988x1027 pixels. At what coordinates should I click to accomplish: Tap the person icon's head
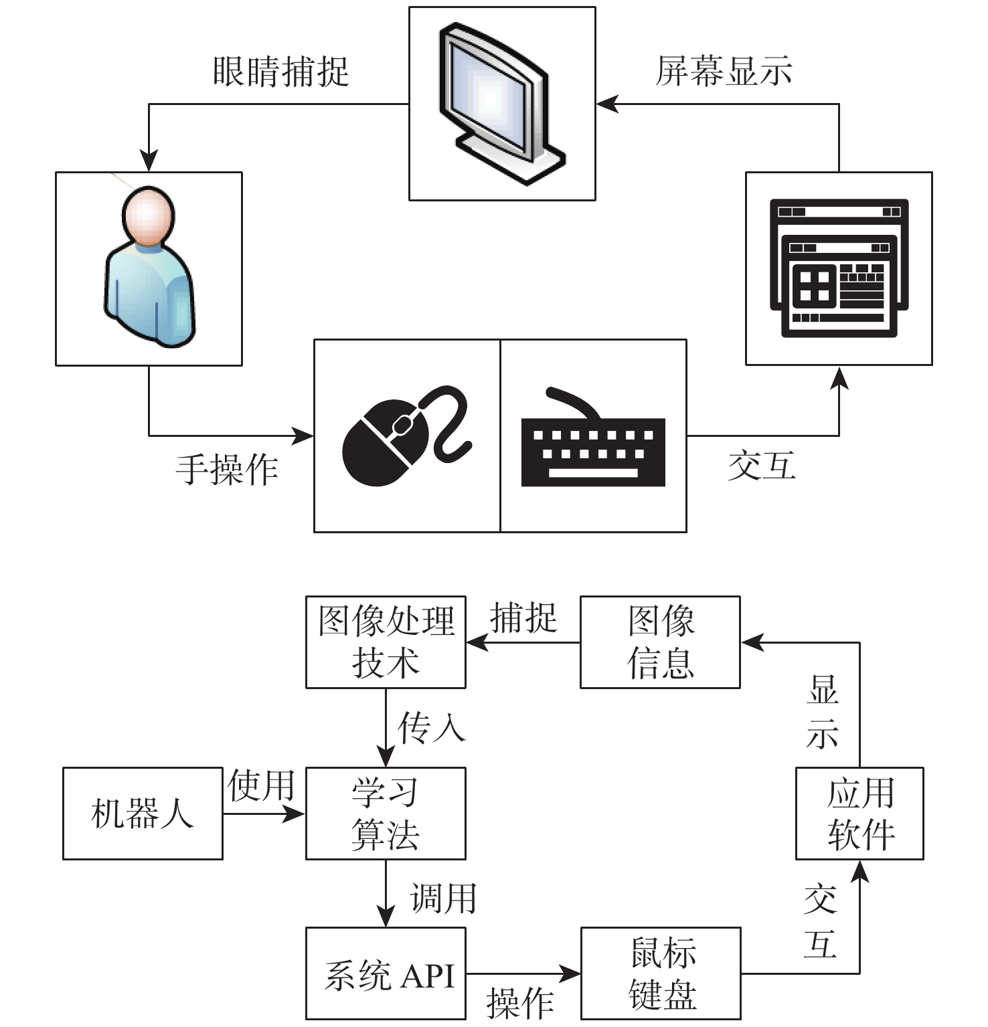point(149,215)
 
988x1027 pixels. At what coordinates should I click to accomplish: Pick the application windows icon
point(839,268)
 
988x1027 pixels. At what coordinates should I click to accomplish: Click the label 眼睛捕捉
point(281,72)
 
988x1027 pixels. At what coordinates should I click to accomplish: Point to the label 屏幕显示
point(724,72)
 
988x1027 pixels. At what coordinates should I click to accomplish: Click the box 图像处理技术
point(386,642)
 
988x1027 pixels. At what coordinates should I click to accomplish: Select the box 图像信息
point(660,642)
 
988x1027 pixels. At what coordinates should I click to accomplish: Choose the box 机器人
point(143,813)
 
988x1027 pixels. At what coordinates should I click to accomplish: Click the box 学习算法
point(386,813)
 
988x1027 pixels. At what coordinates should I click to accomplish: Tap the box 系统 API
point(386,973)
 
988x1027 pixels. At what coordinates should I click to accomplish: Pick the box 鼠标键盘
point(661,973)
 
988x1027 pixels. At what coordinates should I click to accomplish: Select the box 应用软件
point(859,813)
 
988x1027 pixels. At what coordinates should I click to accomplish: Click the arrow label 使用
point(262,785)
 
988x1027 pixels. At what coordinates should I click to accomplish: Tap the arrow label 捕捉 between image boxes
point(523,617)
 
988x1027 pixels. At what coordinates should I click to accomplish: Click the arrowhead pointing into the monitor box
point(606,104)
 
